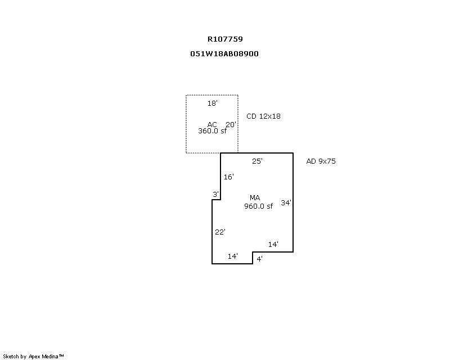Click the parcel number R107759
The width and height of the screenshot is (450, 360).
point(226,39)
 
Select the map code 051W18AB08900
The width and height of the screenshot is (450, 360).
point(224,53)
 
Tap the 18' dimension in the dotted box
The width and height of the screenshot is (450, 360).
point(213,103)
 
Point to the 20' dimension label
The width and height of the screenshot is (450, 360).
point(231,124)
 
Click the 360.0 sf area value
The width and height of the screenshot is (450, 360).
point(213,131)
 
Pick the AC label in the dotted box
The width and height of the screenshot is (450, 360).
point(212,124)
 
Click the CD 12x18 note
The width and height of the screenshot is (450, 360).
point(263,116)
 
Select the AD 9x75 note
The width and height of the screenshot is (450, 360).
point(321,161)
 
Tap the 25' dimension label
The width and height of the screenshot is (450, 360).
point(257,161)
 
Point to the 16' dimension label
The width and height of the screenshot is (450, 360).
point(229,177)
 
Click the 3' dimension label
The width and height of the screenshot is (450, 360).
point(215,195)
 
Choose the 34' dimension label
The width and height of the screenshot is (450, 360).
point(286,202)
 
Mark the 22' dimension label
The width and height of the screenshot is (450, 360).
point(220,232)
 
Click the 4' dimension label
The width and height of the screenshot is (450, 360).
point(259,259)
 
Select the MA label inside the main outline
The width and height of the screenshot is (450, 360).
point(255,198)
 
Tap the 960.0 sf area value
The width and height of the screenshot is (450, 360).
point(258,206)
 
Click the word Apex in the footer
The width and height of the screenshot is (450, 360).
point(34,357)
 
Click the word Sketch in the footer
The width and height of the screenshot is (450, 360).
point(11,357)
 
